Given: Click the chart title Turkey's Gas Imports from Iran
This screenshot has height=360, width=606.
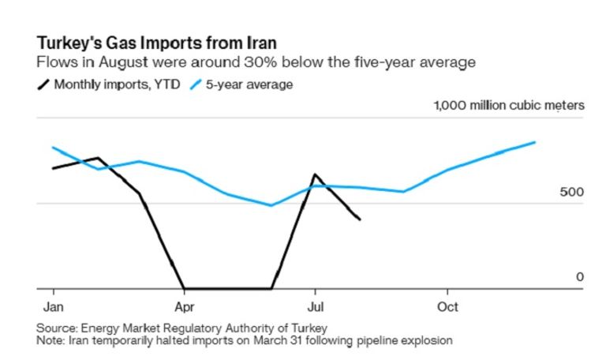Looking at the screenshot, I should point(156,42).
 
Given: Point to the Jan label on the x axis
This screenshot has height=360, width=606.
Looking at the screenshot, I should point(52,306).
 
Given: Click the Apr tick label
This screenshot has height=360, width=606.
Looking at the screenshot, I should point(184,306).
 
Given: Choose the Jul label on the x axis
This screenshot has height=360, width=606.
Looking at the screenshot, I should point(315,306).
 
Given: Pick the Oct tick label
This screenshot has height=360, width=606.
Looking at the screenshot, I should point(447,306).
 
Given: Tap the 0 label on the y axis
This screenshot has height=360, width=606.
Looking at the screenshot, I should point(579,277).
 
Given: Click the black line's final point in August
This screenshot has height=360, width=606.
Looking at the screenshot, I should point(360,219).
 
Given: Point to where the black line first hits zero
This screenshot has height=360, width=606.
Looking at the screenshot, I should point(184,289).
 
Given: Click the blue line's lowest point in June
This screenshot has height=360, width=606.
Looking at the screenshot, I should point(271,205).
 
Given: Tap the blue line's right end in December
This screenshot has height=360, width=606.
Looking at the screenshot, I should point(535,142).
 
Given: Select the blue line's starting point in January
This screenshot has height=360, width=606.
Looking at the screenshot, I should point(53,147).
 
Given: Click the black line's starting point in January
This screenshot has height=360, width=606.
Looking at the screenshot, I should point(53,168).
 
